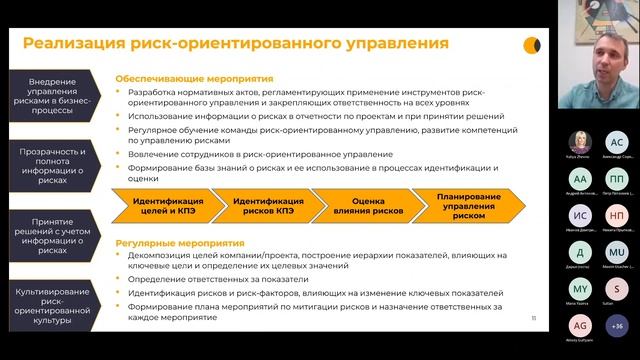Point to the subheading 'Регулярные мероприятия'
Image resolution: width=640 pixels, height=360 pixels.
180,243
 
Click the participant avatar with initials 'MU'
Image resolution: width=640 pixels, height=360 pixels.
616,251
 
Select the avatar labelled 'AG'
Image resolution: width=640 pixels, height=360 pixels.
580,325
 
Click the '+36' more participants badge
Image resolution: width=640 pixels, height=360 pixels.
616,325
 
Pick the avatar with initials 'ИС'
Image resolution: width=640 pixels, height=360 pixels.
580,215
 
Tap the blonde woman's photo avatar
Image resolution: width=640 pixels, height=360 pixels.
580,142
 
